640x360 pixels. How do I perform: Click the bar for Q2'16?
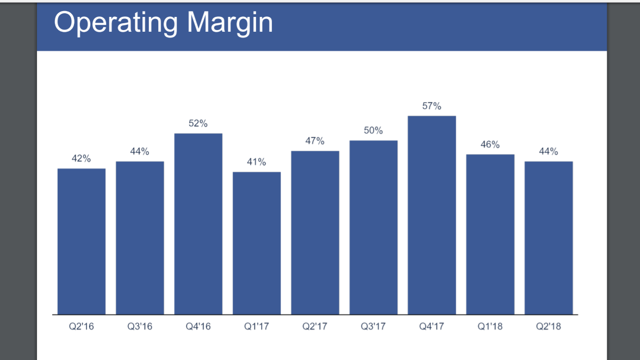[x=81, y=241]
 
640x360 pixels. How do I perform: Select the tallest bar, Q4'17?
[x=432, y=215]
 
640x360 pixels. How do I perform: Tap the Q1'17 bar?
[x=256, y=243]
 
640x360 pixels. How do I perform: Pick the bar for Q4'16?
[x=198, y=224]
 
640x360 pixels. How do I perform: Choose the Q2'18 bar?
[x=548, y=238]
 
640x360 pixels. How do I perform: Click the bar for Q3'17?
[x=373, y=227]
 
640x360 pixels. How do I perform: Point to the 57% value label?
[x=432, y=106]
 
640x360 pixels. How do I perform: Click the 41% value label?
[x=256, y=162]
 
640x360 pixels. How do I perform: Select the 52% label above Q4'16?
[x=198, y=124]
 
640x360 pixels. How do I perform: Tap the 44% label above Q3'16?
[x=140, y=151]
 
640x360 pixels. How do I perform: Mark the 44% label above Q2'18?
[x=548, y=151]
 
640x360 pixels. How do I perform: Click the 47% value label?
[x=315, y=141]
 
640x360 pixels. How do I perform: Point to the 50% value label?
[x=373, y=130]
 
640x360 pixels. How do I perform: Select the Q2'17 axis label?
[x=315, y=326]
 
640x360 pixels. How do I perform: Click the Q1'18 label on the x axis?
[x=490, y=326]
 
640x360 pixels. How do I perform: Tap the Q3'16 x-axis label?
[x=140, y=326]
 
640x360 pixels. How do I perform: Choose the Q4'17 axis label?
[x=432, y=326]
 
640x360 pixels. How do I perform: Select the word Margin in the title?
[x=230, y=22]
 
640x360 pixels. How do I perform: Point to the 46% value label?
[x=490, y=145]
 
